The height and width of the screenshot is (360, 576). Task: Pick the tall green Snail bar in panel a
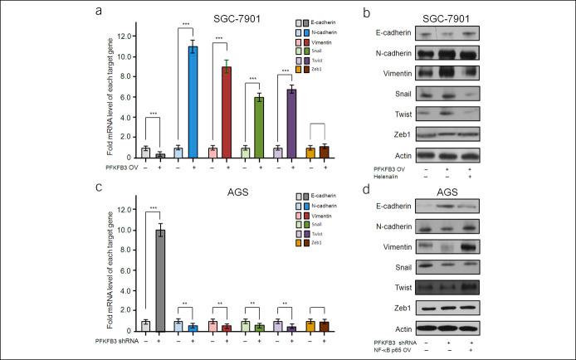(x=259, y=127)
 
